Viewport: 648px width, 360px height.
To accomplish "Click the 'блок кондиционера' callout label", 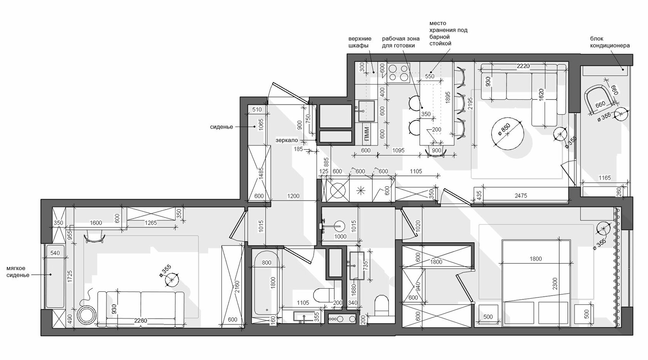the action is click(610, 42).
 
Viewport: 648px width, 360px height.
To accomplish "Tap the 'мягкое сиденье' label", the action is click(18, 272).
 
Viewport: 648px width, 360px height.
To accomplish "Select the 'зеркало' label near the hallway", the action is click(287, 140).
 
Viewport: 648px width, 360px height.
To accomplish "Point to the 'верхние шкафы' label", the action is click(360, 42).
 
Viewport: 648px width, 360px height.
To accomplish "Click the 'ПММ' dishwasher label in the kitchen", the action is click(367, 134).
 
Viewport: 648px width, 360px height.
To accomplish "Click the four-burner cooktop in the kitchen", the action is click(399, 73).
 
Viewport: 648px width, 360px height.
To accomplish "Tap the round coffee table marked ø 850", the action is click(508, 134).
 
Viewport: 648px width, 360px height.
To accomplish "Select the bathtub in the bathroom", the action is click(267, 284).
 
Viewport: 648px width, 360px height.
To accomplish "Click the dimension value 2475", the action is click(521, 196).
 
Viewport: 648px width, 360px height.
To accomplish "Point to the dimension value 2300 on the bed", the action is click(555, 284).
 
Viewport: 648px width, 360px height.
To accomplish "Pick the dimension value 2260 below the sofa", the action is click(140, 321).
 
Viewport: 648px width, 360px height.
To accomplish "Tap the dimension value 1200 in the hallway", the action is click(293, 196).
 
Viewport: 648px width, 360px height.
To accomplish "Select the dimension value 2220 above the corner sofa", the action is click(523, 66).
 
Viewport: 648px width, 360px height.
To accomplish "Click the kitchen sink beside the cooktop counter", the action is click(366, 111).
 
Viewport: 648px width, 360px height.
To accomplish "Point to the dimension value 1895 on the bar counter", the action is click(448, 98).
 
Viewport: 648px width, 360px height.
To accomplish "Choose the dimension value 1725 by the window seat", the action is click(70, 277).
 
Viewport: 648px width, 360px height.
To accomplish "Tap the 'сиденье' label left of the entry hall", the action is click(221, 127).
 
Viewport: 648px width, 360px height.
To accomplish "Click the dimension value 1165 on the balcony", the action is click(605, 177).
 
